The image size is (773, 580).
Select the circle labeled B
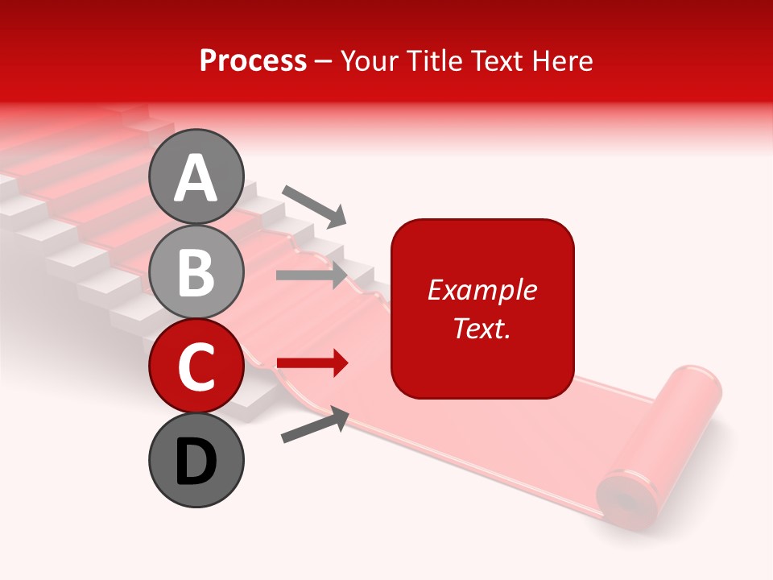click(196, 272)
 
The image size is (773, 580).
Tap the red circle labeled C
click(196, 367)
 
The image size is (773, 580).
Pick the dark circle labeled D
click(196, 461)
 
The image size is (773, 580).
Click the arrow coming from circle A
click(314, 205)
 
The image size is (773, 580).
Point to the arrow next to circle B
click(312, 275)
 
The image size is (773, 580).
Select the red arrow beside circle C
click(312, 363)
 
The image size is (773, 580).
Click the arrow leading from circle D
click(315, 425)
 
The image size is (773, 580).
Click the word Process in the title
click(253, 60)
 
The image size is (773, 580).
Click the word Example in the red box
click(482, 290)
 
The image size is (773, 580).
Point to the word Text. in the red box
click(482, 328)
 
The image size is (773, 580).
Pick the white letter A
click(196, 178)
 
